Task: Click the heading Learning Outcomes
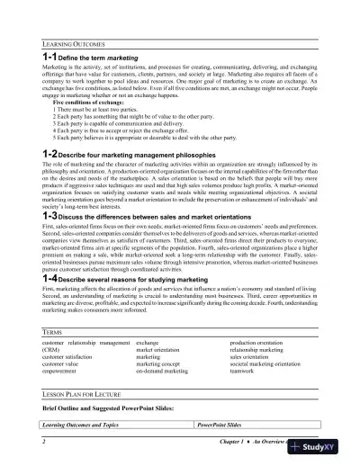click(x=75, y=43)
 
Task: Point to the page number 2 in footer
click(x=43, y=444)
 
